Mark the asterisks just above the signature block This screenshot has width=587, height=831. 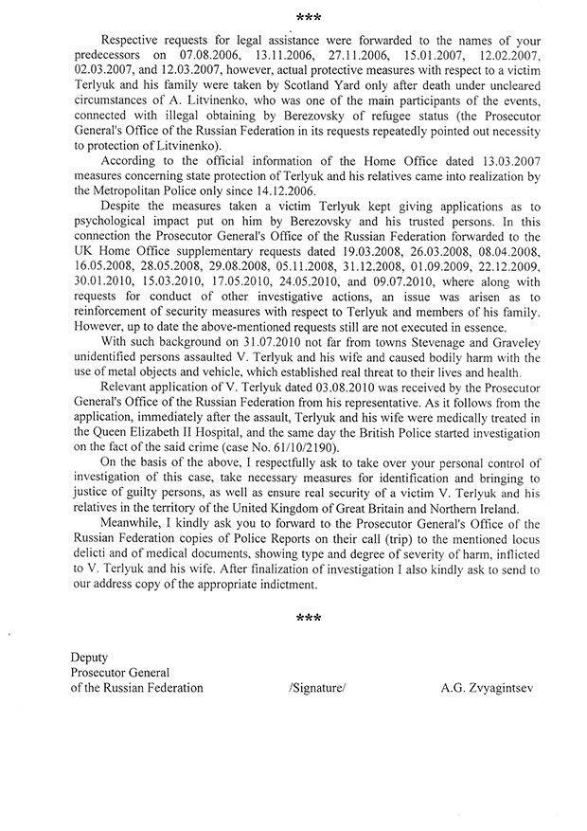(307, 618)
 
